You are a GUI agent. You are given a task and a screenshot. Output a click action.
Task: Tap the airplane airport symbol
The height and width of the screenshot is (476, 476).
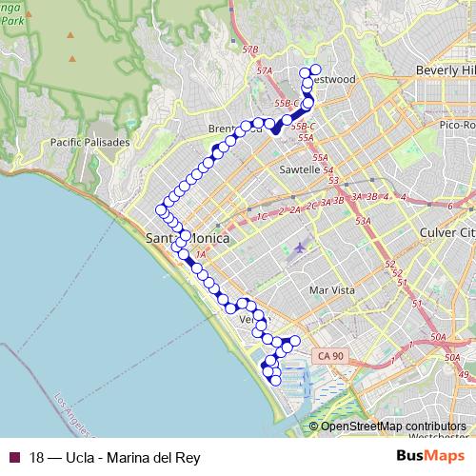pyautogui.click(x=301, y=248)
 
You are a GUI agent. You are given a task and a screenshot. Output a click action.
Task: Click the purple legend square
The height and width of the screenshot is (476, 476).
pyautogui.click(x=13, y=457)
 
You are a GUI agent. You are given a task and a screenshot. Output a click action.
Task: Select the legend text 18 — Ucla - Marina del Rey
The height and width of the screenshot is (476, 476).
pyautogui.click(x=115, y=457)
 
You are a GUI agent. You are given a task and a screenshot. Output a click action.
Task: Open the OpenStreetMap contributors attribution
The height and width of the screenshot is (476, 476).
pyautogui.click(x=393, y=426)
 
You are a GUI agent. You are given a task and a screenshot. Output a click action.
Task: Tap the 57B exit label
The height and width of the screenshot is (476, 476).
pyautogui.click(x=250, y=49)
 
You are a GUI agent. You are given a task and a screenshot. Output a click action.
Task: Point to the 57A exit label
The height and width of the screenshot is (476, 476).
pyautogui.click(x=265, y=70)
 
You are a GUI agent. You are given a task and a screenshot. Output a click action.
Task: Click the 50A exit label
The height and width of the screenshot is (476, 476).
pyautogui.click(x=438, y=337)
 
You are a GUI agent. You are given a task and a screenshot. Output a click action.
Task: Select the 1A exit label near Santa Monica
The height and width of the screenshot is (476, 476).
pyautogui.click(x=200, y=253)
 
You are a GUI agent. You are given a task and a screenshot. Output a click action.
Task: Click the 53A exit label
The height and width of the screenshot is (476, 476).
pyautogui.click(x=363, y=221)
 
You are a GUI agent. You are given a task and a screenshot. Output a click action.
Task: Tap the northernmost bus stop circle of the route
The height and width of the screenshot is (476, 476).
pyautogui.click(x=316, y=70)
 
